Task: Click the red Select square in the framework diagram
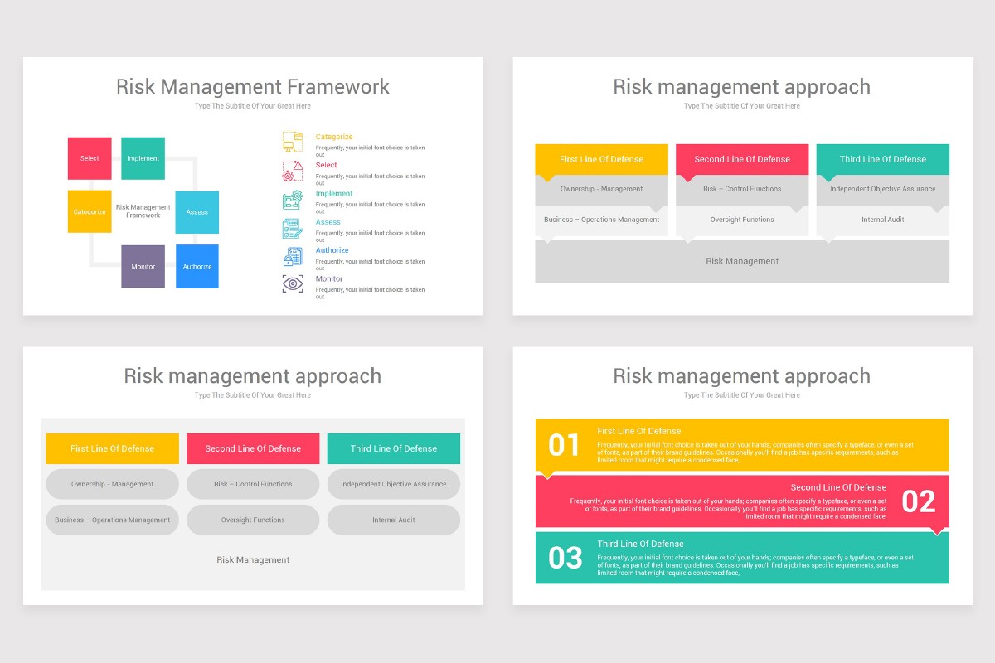pyautogui.click(x=90, y=158)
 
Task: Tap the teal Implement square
pyautogui.click(x=143, y=158)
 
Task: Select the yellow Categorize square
pyautogui.click(x=90, y=211)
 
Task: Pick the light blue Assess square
pyautogui.click(x=197, y=211)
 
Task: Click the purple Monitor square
pyautogui.click(x=143, y=266)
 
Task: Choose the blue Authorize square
pyautogui.click(x=197, y=266)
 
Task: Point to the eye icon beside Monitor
pyautogui.click(x=292, y=283)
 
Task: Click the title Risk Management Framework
pyautogui.click(x=252, y=87)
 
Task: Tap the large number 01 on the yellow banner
pyautogui.click(x=564, y=446)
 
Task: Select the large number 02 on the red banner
pyautogui.click(x=918, y=501)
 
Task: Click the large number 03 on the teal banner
pyautogui.click(x=565, y=558)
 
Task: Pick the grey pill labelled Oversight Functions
pyautogui.click(x=253, y=520)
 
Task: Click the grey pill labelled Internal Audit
pyautogui.click(x=394, y=520)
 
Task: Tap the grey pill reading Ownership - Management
pyautogui.click(x=112, y=484)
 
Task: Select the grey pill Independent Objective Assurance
pyautogui.click(x=394, y=484)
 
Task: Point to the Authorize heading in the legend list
pyautogui.click(x=332, y=250)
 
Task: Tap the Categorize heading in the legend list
pyautogui.click(x=334, y=137)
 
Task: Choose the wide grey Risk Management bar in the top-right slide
pyautogui.click(x=742, y=261)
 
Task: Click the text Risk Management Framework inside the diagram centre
pyautogui.click(x=143, y=211)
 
